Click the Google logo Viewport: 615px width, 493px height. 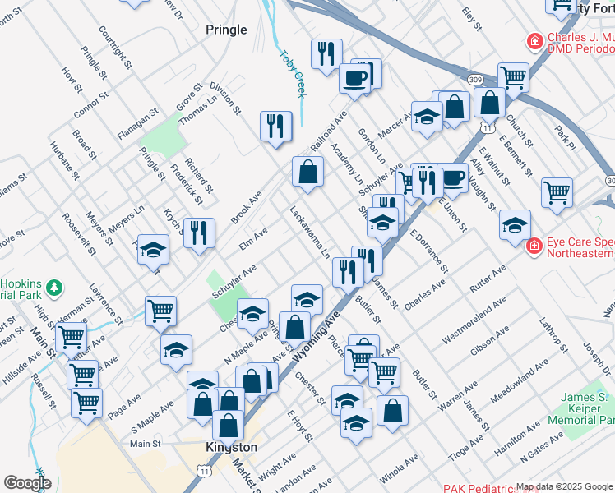coord(27,482)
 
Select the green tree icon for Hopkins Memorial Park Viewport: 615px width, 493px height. coord(54,288)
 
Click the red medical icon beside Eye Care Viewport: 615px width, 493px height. coord(533,245)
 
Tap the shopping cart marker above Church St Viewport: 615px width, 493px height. coord(513,78)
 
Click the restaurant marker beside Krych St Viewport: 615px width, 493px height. coord(199,233)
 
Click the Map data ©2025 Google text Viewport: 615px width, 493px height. coord(565,486)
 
